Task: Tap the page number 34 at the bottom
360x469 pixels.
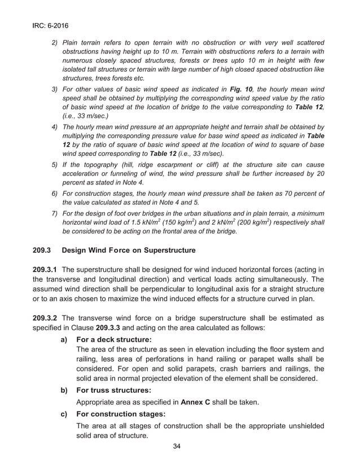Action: tap(179, 447)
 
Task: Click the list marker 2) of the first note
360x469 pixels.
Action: tap(55, 43)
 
